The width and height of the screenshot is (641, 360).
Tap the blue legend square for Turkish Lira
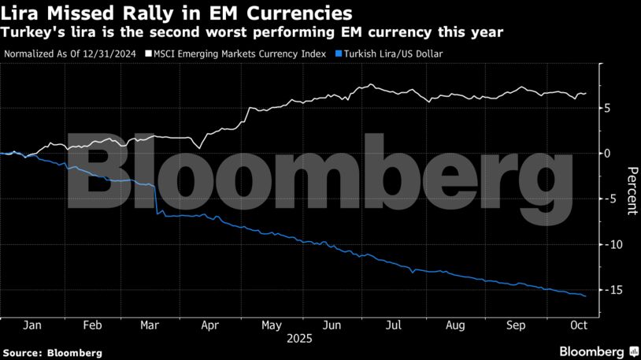click(x=339, y=54)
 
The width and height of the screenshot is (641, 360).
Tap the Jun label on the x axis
click(x=332, y=325)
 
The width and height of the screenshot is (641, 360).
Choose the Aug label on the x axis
click(x=455, y=325)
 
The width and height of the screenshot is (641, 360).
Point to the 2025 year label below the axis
click(x=299, y=339)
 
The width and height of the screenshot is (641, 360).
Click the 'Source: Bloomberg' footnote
click(x=53, y=353)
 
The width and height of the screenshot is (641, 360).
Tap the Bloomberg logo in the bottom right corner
click(x=598, y=351)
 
